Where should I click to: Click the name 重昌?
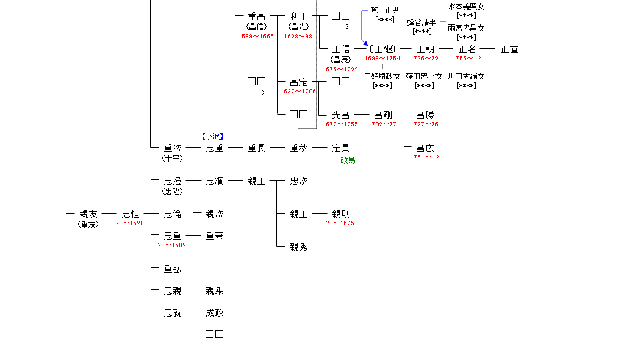(x=257, y=16)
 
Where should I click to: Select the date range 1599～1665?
(x=256, y=37)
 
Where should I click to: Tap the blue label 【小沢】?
(x=212, y=137)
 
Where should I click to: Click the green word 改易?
(x=348, y=160)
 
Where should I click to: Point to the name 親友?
(x=88, y=214)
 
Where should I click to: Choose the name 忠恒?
(x=131, y=214)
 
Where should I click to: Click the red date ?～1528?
(x=130, y=223)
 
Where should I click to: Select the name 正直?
(x=509, y=49)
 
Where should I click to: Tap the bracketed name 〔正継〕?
(x=382, y=49)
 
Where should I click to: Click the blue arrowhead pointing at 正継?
(x=366, y=44)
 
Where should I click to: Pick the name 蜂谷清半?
(x=422, y=23)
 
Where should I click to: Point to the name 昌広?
(x=425, y=148)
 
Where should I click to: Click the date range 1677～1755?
(x=340, y=124)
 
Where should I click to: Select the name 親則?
(x=341, y=214)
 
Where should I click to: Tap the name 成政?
(x=215, y=313)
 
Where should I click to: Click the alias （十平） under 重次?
(x=173, y=158)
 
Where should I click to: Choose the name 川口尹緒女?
(x=466, y=76)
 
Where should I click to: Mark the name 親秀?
(x=299, y=247)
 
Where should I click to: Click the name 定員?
(x=340, y=148)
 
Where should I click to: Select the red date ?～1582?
(x=172, y=245)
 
